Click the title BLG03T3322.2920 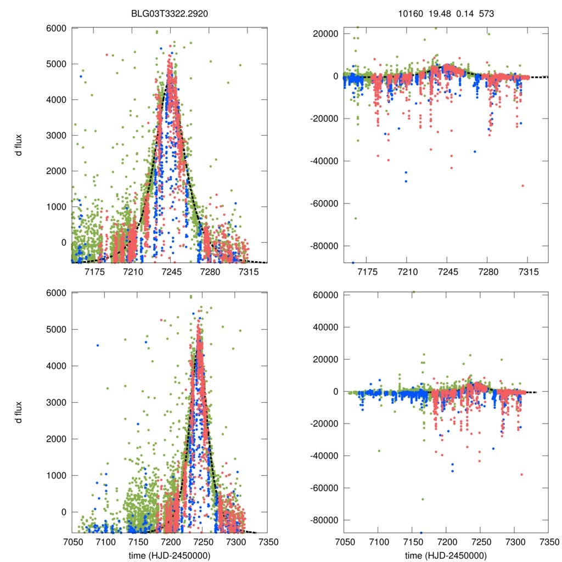pos(170,12)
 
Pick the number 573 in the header pos(487,12)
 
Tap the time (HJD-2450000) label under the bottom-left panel pos(170,555)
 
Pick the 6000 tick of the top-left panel pos(57,29)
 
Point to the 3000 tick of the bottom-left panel pos(57,402)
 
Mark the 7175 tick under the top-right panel pos(367,272)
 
